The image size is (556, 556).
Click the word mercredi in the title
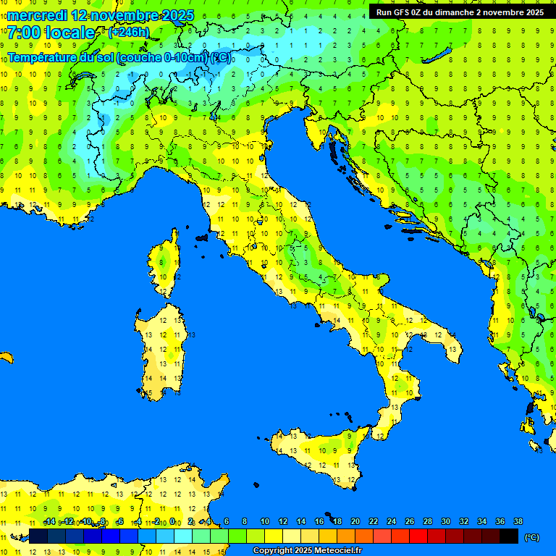tap(38, 15)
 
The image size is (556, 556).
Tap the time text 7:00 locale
tap(51, 33)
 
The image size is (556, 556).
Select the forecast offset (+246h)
tap(129, 33)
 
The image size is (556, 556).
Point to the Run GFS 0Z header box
tap(460, 12)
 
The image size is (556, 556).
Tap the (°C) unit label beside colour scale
tap(531, 537)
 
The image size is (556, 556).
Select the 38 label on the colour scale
tap(518, 522)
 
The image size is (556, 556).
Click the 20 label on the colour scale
tap(355, 522)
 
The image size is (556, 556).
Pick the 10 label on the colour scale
tap(264, 522)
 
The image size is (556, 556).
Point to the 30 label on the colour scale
tap(445, 522)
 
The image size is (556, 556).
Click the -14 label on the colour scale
tap(49, 522)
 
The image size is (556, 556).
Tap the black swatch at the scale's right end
tap(509, 536)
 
